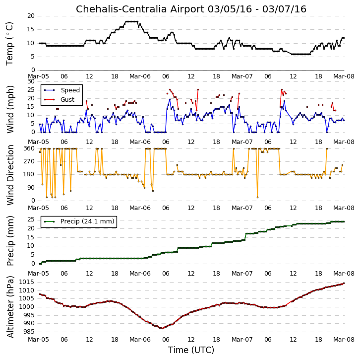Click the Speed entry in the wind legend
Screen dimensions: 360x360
pos(70,90)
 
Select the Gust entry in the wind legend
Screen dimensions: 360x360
pos(67,99)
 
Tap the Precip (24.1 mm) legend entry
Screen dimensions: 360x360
pos(87,221)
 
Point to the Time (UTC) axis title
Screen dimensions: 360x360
pos(191,350)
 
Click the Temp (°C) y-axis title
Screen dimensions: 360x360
pos(9,44)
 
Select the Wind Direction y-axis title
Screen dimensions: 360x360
pos(10,175)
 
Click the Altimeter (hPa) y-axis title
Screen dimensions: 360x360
pos(10,307)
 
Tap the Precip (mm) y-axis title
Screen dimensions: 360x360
pos(10,241)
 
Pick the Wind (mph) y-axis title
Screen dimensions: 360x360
pos(10,109)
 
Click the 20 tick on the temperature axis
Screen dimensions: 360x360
pos(31,16)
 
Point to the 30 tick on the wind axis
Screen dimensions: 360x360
pos(31,81)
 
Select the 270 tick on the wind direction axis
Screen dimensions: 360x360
pos(29,161)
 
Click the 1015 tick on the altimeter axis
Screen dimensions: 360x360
pos(27,282)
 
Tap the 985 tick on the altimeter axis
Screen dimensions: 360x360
pos(29,332)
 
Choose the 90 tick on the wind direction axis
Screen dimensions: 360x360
pos(31,188)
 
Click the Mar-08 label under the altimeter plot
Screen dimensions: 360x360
pos(344,340)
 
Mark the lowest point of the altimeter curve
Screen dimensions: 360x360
pos(163,328)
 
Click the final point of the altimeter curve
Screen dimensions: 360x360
pos(344,283)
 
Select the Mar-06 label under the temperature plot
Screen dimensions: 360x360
pos(140,76)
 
